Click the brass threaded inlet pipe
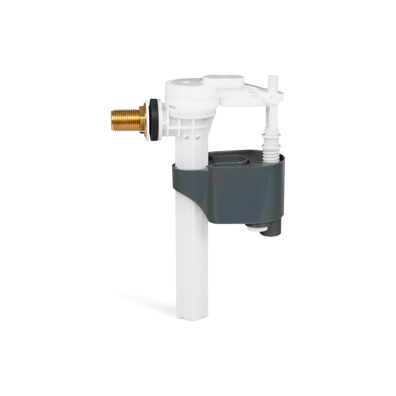(x=124, y=119)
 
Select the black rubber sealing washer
(x=154, y=120)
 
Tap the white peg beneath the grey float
(x=253, y=227)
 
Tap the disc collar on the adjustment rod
(x=270, y=134)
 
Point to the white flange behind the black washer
(x=148, y=120)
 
